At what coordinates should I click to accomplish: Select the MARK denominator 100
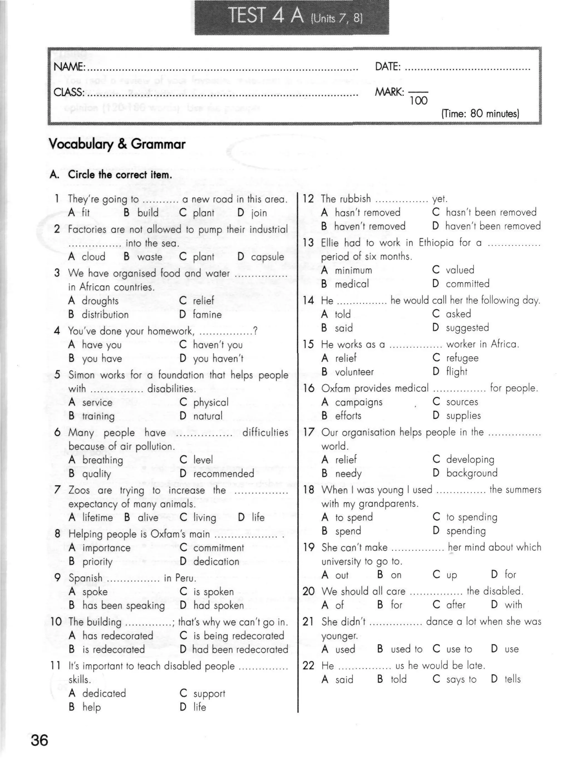419,101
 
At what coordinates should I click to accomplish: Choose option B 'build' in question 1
148,213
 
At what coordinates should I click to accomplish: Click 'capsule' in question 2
267,257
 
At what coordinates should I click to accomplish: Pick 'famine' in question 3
207,314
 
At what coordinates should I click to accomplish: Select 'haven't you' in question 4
217,344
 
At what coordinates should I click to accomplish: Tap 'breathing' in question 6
102,460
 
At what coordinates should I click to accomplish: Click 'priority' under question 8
97,561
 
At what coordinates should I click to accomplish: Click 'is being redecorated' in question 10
239,636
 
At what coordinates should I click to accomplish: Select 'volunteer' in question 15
354,372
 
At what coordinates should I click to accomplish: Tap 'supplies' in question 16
463,416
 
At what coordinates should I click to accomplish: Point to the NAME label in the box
69,67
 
